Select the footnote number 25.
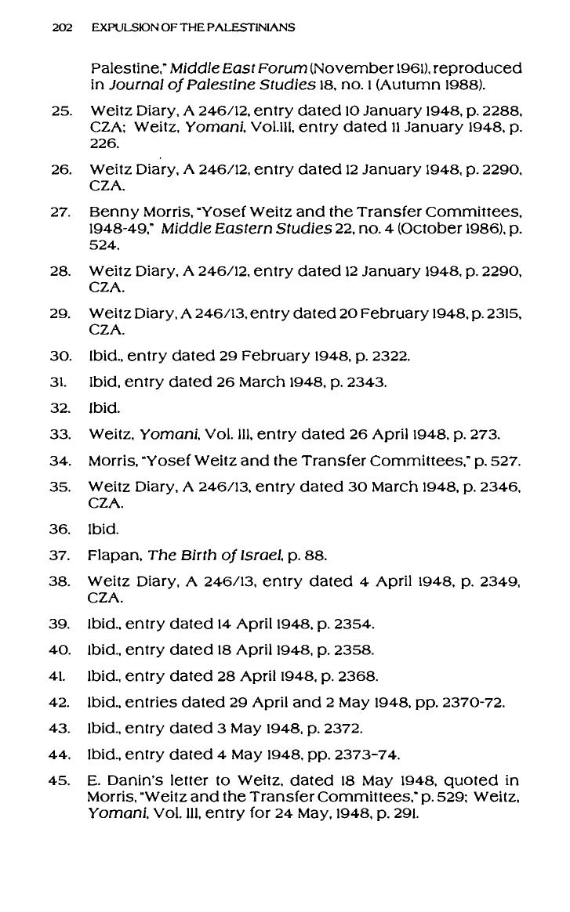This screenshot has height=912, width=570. [x=60, y=110]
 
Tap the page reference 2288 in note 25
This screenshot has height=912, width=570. [x=500, y=110]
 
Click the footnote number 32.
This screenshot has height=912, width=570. [x=60, y=407]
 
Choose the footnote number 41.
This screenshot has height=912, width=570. [x=60, y=676]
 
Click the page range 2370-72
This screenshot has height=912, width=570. [x=473, y=702]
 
